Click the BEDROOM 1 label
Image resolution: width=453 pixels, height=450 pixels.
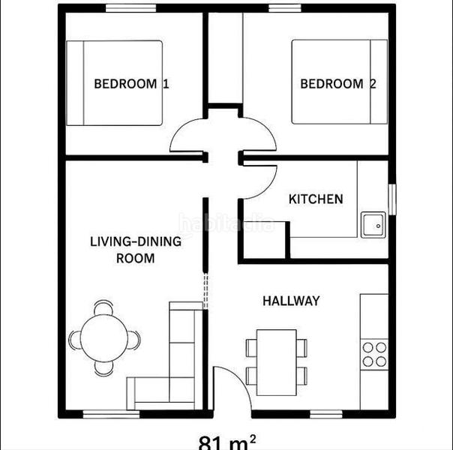[130, 83]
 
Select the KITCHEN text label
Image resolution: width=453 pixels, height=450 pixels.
[316, 199]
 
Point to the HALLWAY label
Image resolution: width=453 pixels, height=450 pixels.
[291, 301]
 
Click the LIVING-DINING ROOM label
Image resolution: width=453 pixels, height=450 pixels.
[136, 250]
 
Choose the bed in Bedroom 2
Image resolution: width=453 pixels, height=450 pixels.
[339, 82]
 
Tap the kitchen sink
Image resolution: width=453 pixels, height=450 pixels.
[373, 224]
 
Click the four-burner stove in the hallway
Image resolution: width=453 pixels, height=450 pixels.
[374, 353]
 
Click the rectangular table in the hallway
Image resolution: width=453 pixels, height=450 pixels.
[276, 361]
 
